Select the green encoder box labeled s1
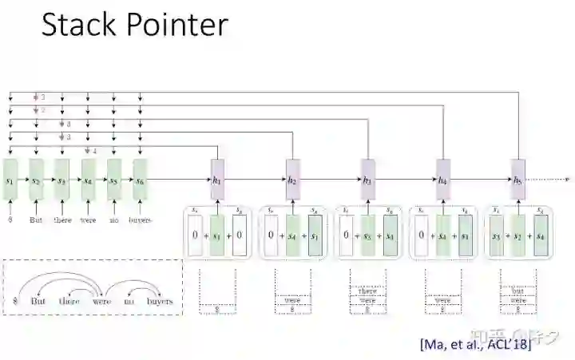(x=10, y=182)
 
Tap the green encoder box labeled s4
(x=88, y=182)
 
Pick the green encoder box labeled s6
(x=140, y=182)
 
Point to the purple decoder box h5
(x=517, y=181)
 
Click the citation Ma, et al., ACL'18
(x=474, y=344)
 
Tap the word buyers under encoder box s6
(x=141, y=220)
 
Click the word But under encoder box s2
(x=36, y=220)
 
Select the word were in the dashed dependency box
(x=101, y=301)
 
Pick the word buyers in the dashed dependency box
(x=160, y=301)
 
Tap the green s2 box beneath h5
(x=517, y=235)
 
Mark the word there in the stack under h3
(x=367, y=291)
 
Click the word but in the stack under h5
(x=517, y=291)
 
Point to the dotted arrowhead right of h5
(x=566, y=181)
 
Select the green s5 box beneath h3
(x=367, y=235)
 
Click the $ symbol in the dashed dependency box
(x=14, y=302)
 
